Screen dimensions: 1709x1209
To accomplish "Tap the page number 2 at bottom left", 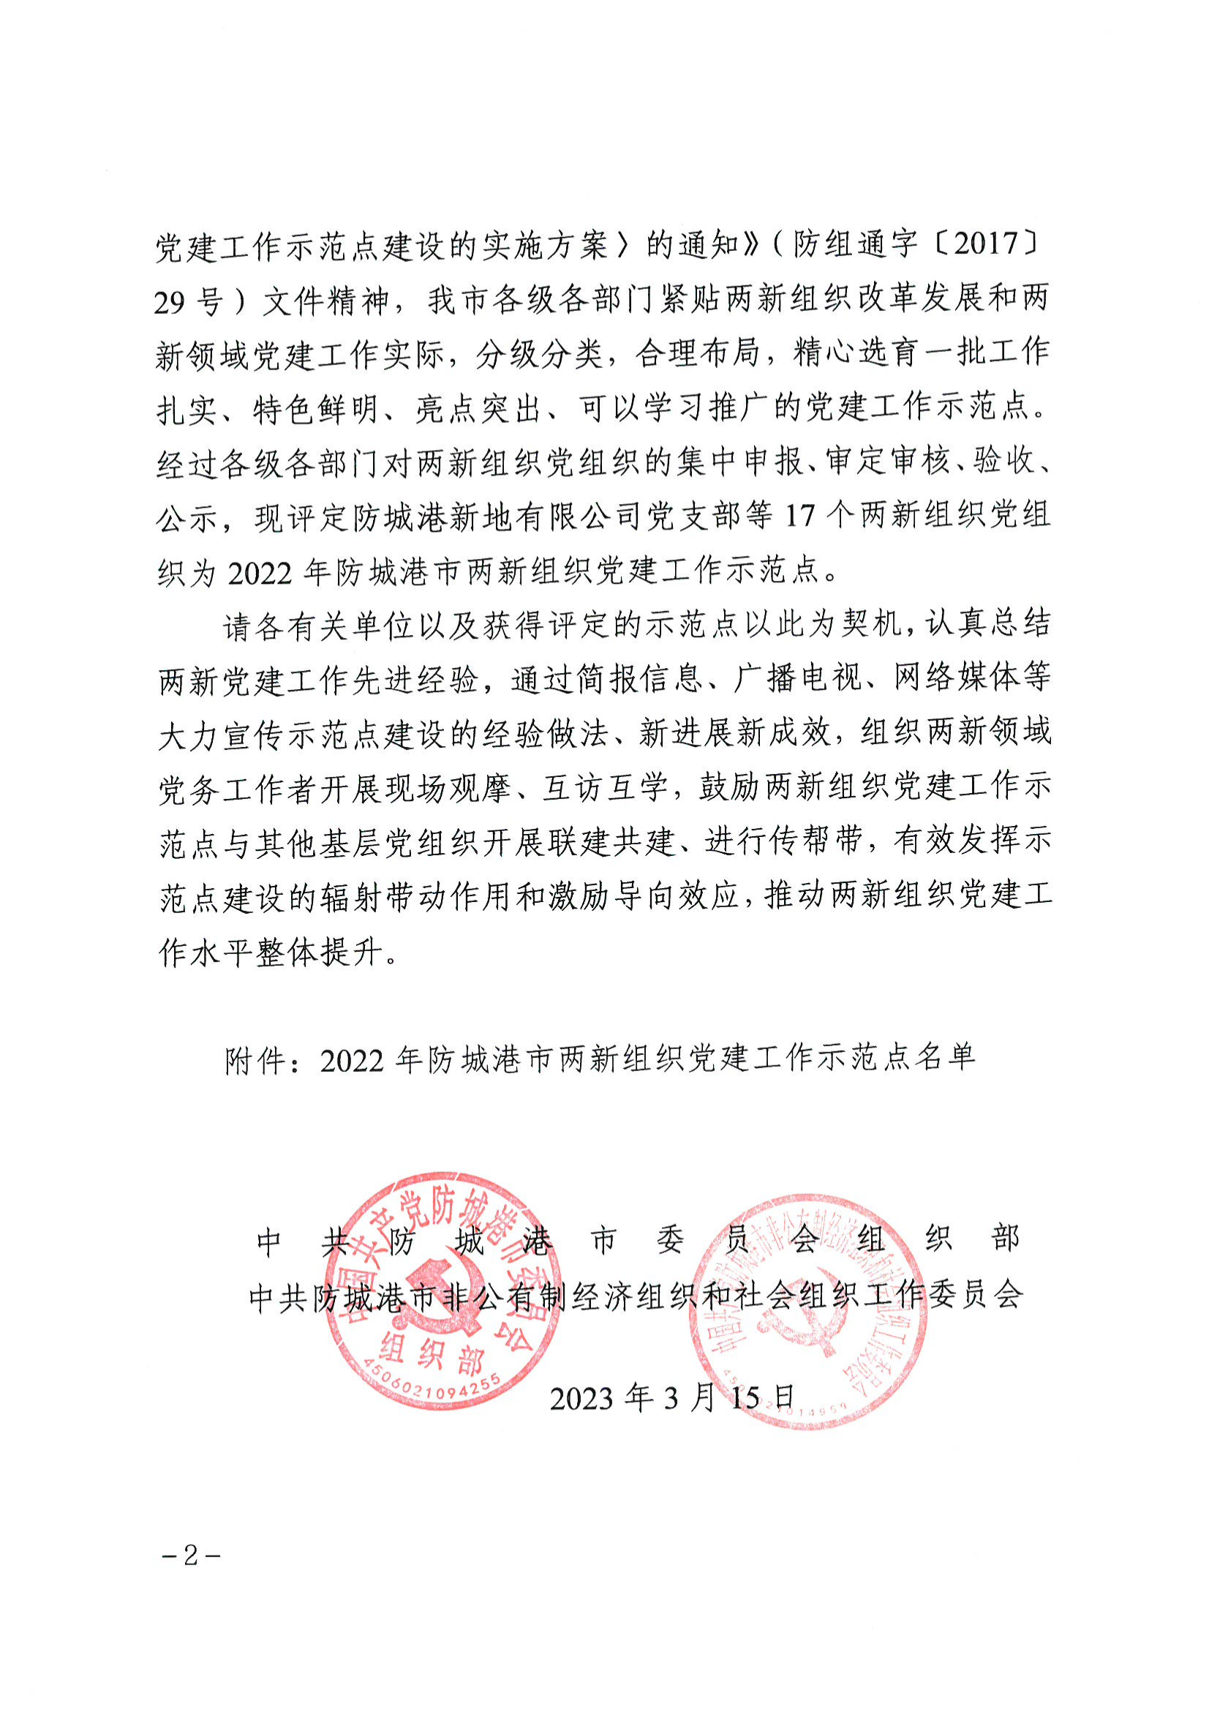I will (192, 1555).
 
